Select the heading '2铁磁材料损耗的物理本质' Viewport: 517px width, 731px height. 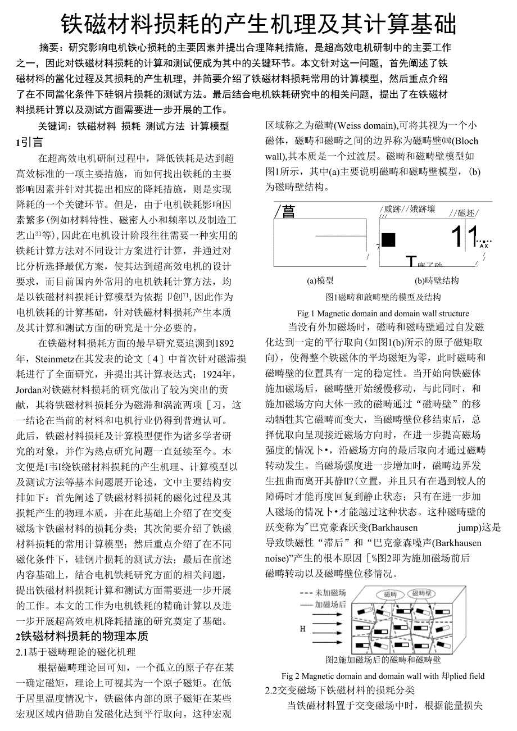(x=82, y=636)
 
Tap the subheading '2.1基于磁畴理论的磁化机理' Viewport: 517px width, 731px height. (x=76, y=652)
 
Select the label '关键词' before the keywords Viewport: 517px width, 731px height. (x=53, y=126)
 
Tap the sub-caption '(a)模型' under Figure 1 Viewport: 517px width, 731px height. (x=320, y=280)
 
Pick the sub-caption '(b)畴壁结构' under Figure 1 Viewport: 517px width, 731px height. (x=437, y=280)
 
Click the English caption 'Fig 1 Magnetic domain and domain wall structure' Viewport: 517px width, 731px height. (x=383, y=313)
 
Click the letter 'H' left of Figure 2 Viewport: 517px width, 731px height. (x=302, y=629)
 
